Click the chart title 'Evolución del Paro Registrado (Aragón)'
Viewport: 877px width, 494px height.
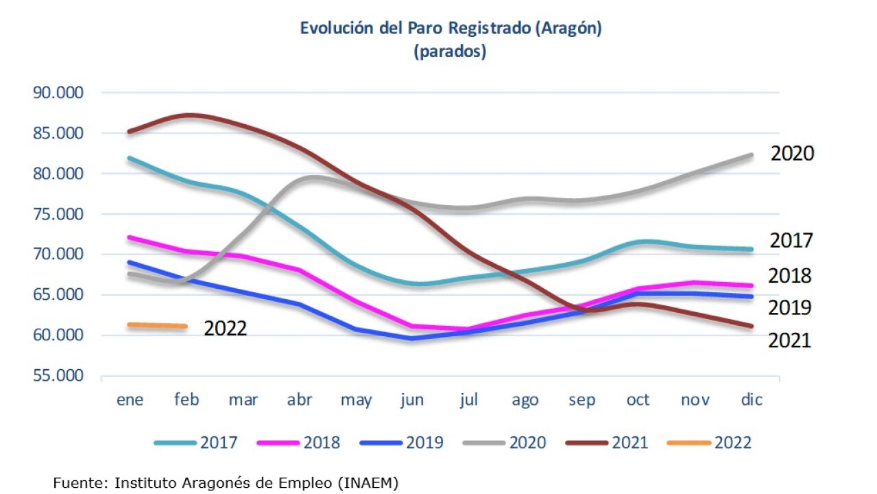point(450,29)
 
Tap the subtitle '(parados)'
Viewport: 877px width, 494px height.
point(450,52)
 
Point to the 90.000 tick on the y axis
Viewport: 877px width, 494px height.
point(58,93)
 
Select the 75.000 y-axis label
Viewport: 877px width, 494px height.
point(58,214)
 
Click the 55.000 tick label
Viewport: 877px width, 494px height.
point(58,376)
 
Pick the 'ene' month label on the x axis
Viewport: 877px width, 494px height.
point(130,400)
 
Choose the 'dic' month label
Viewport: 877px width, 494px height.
point(752,400)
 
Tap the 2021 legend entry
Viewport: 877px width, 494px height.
point(607,443)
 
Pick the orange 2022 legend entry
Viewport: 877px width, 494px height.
point(709,443)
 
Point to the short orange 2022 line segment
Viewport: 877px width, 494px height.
point(158,325)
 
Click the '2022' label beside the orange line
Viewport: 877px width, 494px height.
point(225,329)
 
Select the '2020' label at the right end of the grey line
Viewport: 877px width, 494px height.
point(792,154)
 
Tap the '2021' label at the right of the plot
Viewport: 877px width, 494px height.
point(789,340)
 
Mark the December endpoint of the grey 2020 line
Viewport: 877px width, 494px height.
point(752,155)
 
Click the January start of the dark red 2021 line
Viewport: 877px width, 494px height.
point(130,131)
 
